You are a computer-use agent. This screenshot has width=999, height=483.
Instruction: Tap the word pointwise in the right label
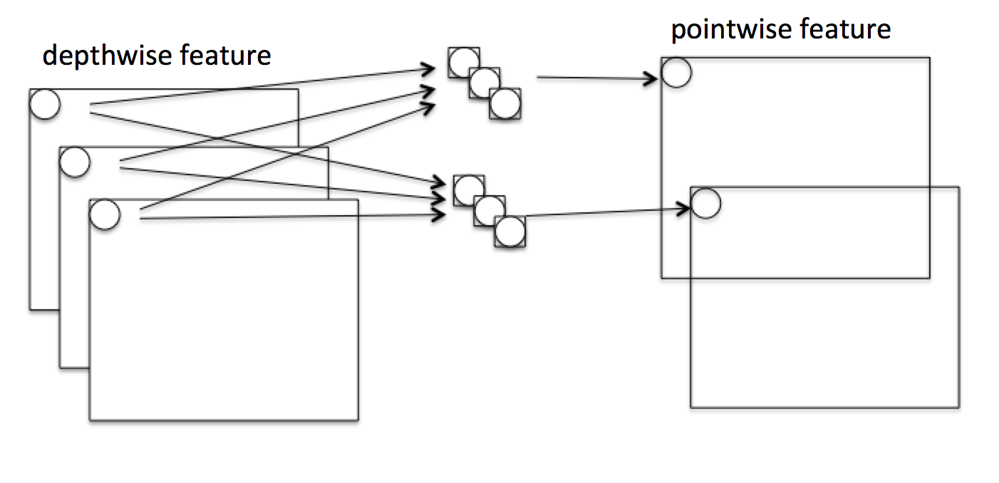pos(731,30)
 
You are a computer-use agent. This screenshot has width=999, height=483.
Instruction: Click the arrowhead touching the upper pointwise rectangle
pos(651,79)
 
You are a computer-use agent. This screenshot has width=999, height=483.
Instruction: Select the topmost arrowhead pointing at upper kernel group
pos(428,69)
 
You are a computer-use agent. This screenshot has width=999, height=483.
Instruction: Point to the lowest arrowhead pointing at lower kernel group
pos(438,215)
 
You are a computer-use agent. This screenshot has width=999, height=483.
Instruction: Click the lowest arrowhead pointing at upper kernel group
pos(428,107)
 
